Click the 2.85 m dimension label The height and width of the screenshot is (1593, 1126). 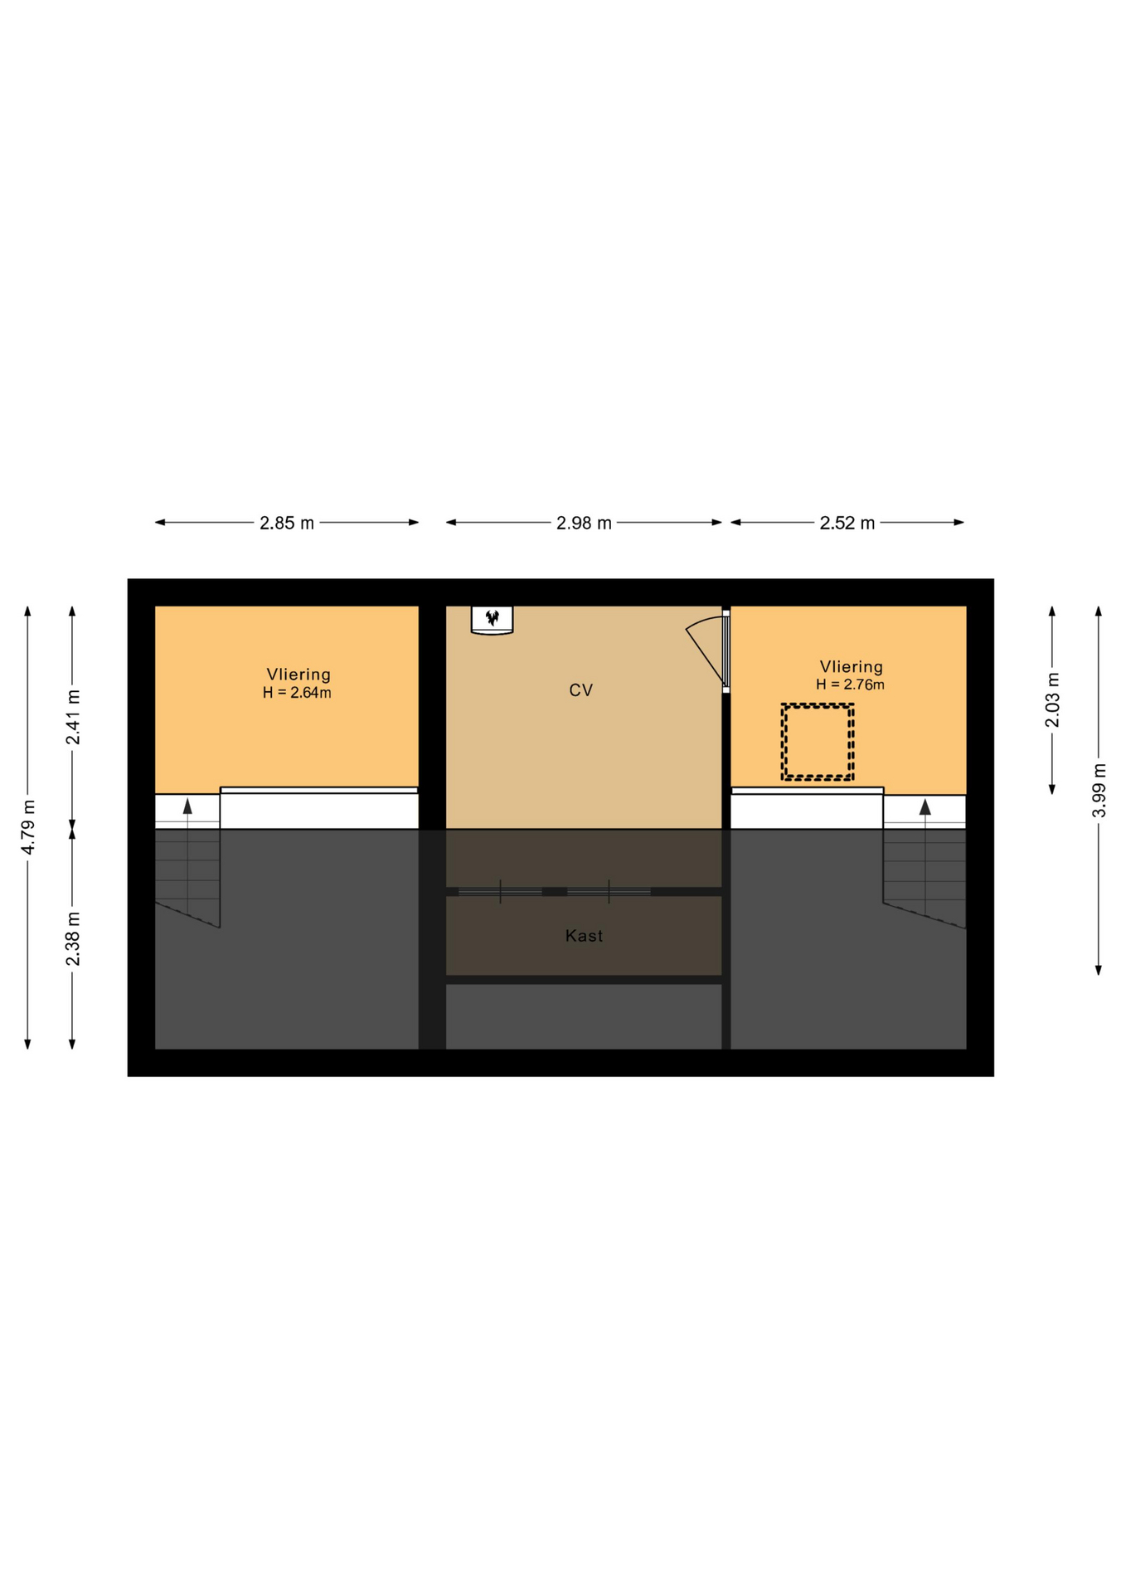pyautogui.click(x=287, y=523)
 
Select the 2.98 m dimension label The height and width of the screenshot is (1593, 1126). pyautogui.click(x=584, y=523)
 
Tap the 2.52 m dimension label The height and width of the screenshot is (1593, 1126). pyautogui.click(x=847, y=523)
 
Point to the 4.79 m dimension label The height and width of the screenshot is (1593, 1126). pyautogui.click(x=28, y=827)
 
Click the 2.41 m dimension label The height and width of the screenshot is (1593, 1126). pyautogui.click(x=74, y=717)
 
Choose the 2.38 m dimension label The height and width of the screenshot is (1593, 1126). pyautogui.click(x=74, y=938)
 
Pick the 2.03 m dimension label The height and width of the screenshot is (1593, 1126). pyautogui.click(x=1052, y=700)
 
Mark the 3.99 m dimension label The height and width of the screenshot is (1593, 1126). pyautogui.click(x=1099, y=790)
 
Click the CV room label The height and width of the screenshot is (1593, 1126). pyautogui.click(x=581, y=690)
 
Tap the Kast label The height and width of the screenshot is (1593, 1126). pyautogui.click(x=584, y=936)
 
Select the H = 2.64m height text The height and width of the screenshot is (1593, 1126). pyautogui.click(x=297, y=693)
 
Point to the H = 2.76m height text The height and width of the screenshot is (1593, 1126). pyautogui.click(x=850, y=684)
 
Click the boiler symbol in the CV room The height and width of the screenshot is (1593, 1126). pyautogui.click(x=493, y=620)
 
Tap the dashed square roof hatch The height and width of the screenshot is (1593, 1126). pyautogui.click(x=818, y=742)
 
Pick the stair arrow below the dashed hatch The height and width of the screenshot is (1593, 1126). pyautogui.click(x=925, y=855)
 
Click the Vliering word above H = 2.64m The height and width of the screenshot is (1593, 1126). pyautogui.click(x=298, y=675)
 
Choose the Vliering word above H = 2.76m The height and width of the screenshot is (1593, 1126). pyautogui.click(x=852, y=666)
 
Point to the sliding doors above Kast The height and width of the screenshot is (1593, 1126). pyautogui.click(x=555, y=892)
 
